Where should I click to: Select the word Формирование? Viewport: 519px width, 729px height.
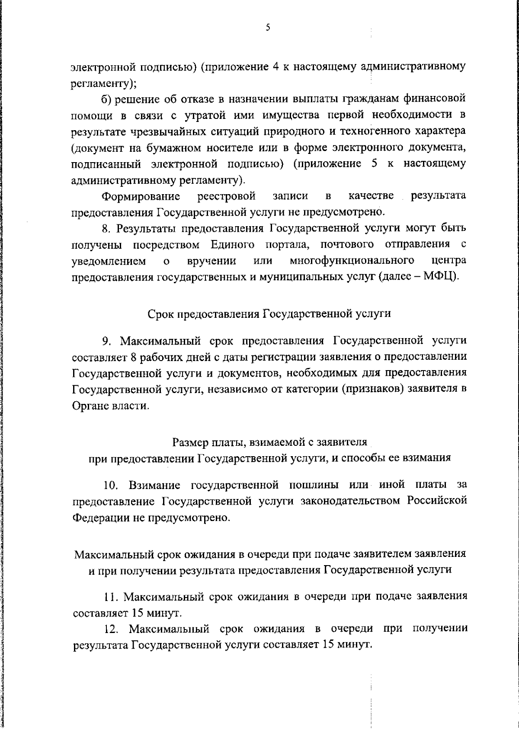(x=141, y=197)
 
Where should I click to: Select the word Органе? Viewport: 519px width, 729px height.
(x=90, y=406)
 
